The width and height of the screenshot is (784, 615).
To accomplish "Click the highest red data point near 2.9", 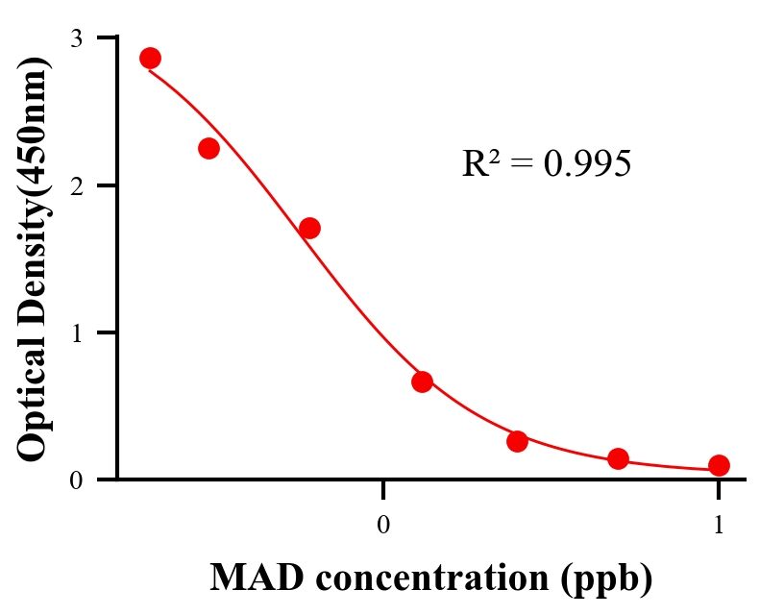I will (x=150, y=58).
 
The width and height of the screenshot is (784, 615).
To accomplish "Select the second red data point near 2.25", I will (x=208, y=148).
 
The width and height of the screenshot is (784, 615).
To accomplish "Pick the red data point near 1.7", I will (x=309, y=228).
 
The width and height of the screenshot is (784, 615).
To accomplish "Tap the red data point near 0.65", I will (x=422, y=381).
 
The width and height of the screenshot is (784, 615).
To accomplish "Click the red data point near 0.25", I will (x=517, y=441).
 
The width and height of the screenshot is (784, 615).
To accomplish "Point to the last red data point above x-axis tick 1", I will (x=719, y=465).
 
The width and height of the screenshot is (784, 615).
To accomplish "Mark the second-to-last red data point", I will (x=618, y=458).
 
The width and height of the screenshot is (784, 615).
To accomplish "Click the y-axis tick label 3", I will (x=77, y=38).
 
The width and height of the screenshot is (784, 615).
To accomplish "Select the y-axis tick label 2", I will (x=77, y=185).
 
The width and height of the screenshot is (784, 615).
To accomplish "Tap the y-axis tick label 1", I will (x=77, y=332).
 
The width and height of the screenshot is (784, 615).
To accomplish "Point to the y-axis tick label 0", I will (x=77, y=480).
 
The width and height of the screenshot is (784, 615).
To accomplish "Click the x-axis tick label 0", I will (x=383, y=525).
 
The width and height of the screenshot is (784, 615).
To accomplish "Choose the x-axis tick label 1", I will (x=719, y=525).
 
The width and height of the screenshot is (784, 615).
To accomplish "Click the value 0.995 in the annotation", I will (x=587, y=163).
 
